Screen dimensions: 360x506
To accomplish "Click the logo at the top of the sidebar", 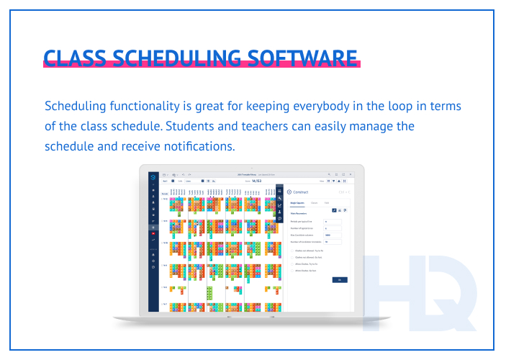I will pos(153,175).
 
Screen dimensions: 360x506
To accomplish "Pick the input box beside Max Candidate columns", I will pos(332,235).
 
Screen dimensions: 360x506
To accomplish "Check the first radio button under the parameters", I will pos(292,249).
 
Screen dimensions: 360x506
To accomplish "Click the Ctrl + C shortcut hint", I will pos(342,192).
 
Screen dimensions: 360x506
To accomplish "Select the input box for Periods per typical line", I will pos(332,221).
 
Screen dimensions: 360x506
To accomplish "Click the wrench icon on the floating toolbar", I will pos(280,197).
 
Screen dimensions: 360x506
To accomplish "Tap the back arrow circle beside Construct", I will pos(289,192).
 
